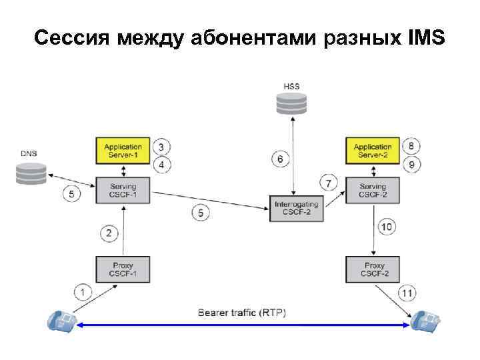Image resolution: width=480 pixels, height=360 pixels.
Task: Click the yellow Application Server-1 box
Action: [x=123, y=150]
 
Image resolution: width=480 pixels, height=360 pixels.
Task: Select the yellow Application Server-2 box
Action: [x=372, y=150]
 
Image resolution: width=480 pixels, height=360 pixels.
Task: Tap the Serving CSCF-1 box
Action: [x=123, y=191]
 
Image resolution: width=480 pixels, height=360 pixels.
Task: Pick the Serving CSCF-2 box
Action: [x=372, y=191]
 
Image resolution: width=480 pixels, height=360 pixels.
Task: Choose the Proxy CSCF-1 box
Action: [x=123, y=269]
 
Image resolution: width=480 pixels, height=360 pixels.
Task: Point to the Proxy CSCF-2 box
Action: [x=373, y=269]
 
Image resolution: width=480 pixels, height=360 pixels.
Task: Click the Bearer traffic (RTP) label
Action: [x=242, y=312]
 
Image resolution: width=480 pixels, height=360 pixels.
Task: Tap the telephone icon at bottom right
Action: [x=426, y=322]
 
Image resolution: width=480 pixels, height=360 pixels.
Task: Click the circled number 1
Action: [x=83, y=291]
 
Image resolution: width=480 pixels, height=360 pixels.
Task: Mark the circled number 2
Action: [x=110, y=233]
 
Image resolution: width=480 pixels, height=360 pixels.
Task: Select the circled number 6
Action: [x=281, y=159]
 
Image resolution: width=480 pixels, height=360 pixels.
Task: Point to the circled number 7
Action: [x=327, y=181]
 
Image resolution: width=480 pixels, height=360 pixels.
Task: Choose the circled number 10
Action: [x=387, y=227]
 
